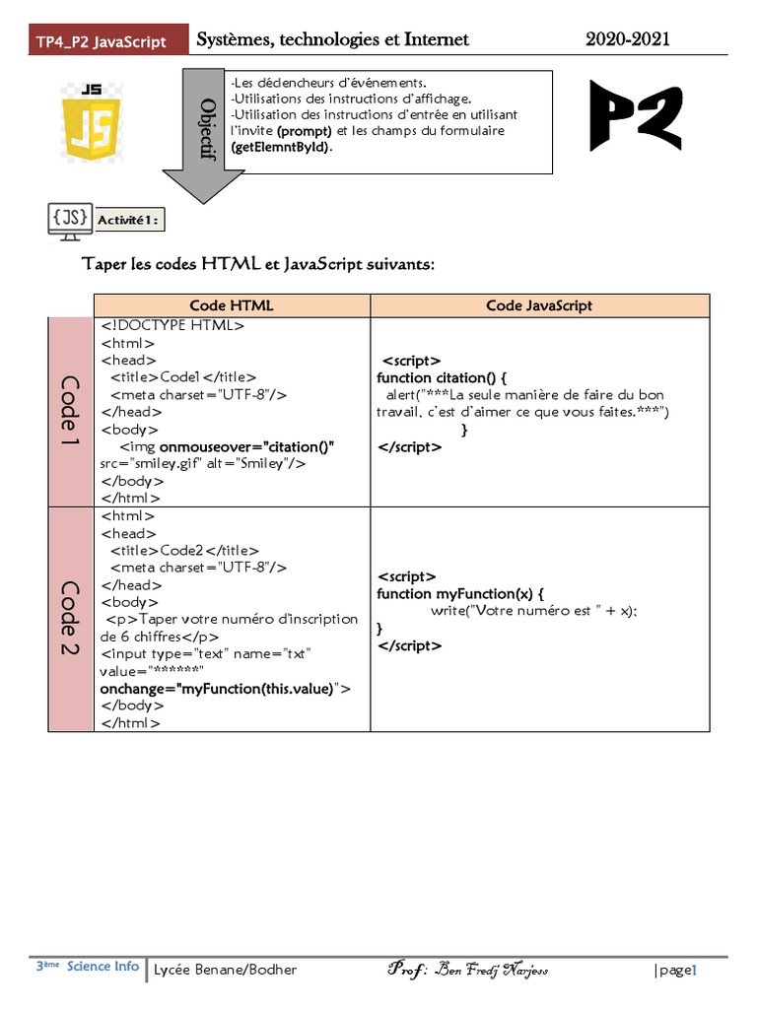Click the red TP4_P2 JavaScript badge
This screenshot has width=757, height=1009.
click(x=101, y=41)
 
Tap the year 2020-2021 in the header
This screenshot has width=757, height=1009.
click(x=628, y=39)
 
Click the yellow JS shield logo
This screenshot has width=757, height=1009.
click(x=92, y=116)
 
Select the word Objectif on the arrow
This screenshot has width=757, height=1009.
click(x=207, y=127)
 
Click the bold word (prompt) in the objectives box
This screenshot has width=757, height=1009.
click(x=305, y=130)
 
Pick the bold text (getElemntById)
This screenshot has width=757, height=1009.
click(x=282, y=147)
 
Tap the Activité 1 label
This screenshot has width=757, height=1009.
click(x=130, y=220)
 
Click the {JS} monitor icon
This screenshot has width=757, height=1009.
click(x=71, y=219)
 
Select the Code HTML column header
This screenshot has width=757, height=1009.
click(x=232, y=305)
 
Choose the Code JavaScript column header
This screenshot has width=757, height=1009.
click(x=539, y=305)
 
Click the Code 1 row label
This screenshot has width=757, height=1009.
click(x=71, y=412)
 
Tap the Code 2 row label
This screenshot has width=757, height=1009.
click(x=71, y=619)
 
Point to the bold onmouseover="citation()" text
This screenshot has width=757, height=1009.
click(x=246, y=446)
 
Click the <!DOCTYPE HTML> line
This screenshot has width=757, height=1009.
click(x=172, y=325)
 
